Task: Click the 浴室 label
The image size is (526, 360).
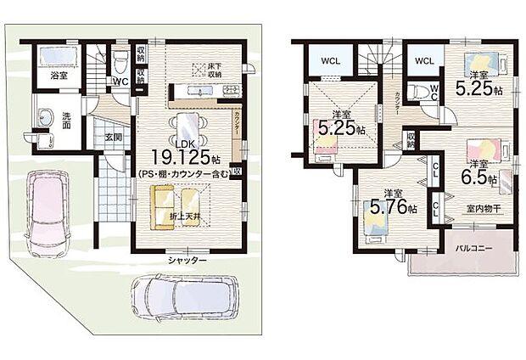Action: pos(59,76)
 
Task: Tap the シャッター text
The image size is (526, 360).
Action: pos(187,261)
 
